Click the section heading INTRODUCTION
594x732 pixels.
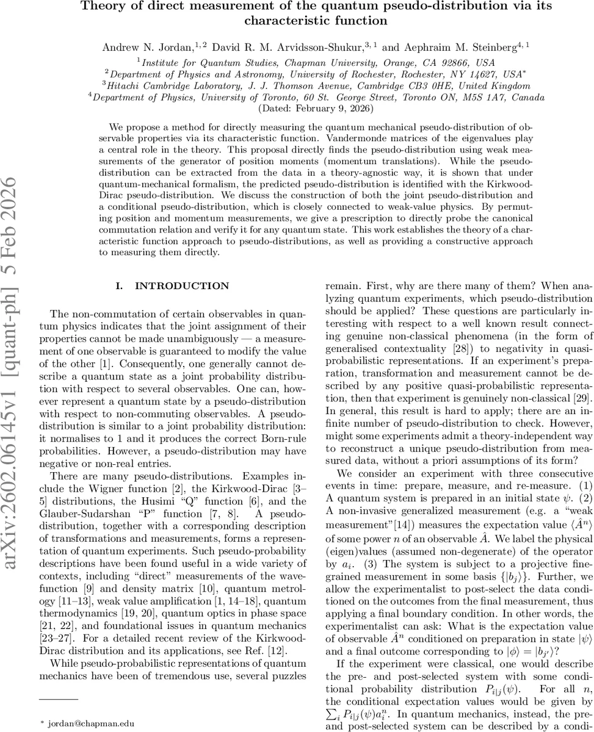[x=182, y=285]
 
